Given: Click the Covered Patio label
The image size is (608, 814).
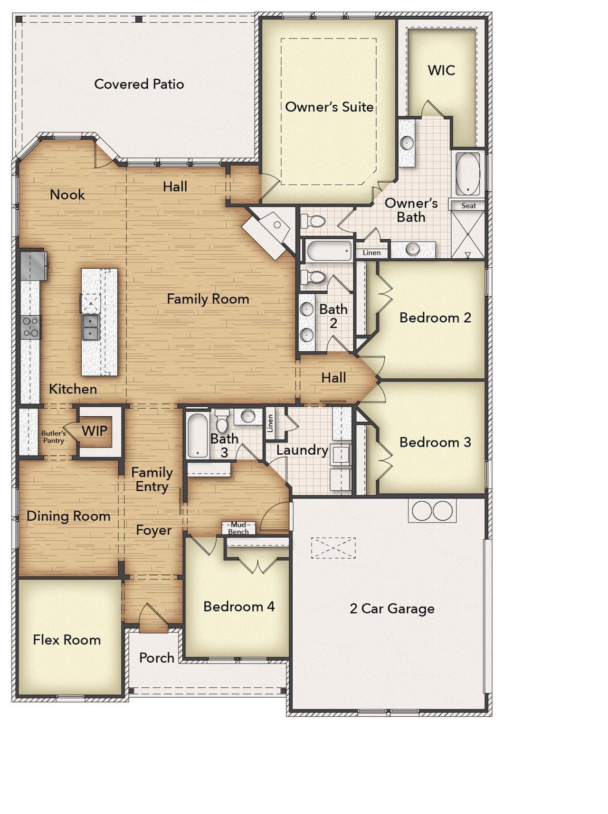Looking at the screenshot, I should click(139, 84).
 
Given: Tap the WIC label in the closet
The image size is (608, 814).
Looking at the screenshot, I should click(441, 70).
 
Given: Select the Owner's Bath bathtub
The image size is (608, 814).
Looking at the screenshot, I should click(468, 174).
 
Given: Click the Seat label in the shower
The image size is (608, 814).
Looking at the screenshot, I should click(468, 206).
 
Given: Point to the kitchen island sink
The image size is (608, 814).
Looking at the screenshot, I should click(90, 327).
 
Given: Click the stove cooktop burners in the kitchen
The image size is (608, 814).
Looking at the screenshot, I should click(30, 327).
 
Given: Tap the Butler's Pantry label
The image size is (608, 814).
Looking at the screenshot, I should click(53, 437).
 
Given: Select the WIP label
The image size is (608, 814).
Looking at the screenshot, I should click(95, 431).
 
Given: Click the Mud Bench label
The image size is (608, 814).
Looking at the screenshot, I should click(238, 528).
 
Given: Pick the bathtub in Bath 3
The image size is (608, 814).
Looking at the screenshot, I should click(197, 435).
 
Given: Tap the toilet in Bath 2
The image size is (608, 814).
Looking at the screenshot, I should click(313, 277).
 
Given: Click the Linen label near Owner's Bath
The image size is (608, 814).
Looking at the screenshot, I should click(371, 253).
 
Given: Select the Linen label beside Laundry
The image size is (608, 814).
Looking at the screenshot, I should click(270, 422).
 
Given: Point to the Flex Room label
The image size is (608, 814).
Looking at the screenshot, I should click(66, 640).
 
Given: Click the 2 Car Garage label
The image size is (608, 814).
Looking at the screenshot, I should click(392, 608).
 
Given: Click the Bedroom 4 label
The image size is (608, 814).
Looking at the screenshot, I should click(239, 607).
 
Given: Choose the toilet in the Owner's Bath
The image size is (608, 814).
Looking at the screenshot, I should click(313, 221).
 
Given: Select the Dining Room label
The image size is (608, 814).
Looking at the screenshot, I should click(68, 516).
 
